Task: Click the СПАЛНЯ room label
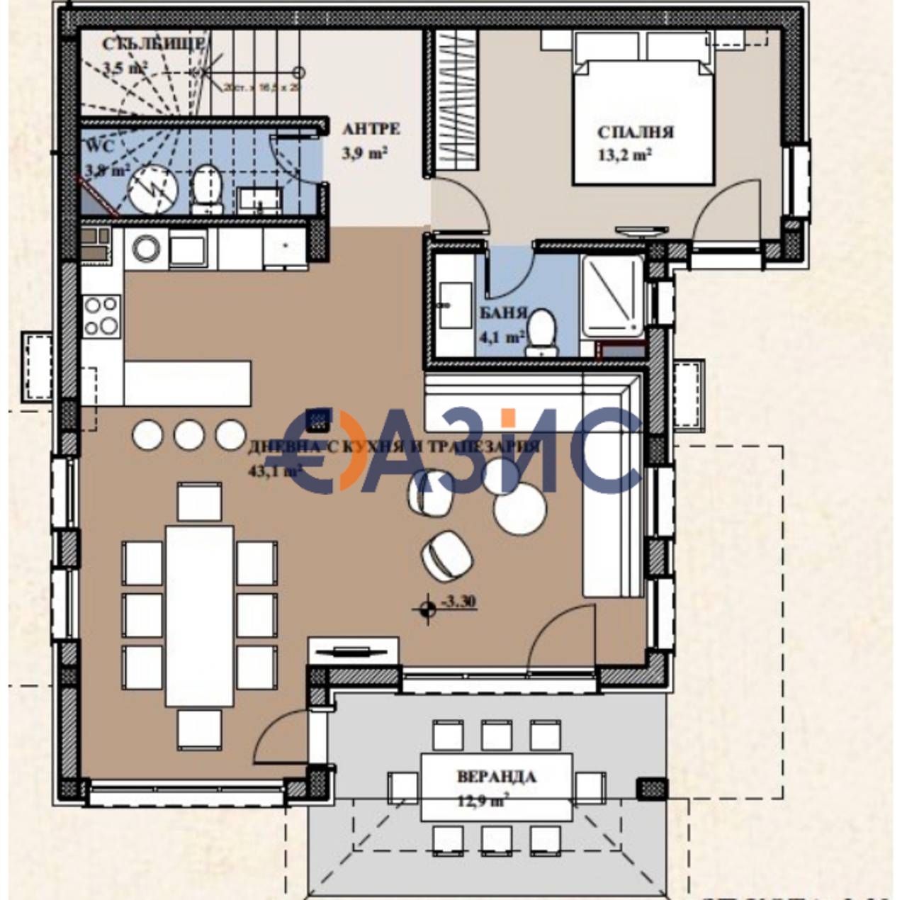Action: click(635, 133)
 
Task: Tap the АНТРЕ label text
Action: click(371, 129)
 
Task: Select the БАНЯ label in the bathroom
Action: click(503, 313)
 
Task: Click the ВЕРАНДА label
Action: click(496, 777)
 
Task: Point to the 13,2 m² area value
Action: click(624, 155)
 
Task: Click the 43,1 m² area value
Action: click(274, 470)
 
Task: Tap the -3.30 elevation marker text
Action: click(458, 602)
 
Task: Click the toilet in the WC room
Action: click(207, 189)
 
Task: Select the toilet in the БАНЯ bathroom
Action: click(543, 332)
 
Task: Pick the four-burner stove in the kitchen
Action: click(101, 316)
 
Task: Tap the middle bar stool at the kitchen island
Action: click(189, 434)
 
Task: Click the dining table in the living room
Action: click(200, 615)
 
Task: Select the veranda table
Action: click(496, 787)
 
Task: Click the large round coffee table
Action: click(520, 509)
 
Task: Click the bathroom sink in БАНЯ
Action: click(453, 305)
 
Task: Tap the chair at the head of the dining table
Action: click(200, 502)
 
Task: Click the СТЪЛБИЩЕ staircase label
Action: click(154, 44)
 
